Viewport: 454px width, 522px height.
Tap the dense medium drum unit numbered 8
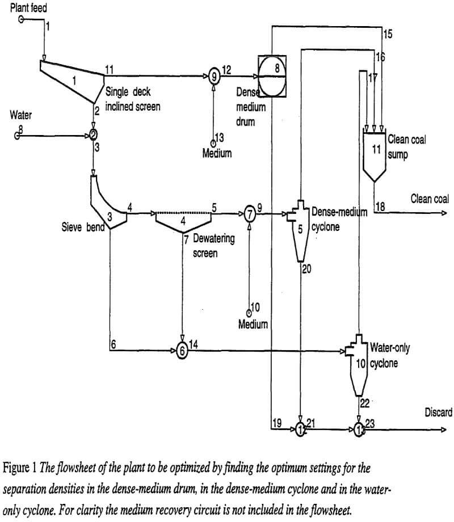[x=272, y=73]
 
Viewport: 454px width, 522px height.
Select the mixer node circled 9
[x=213, y=74]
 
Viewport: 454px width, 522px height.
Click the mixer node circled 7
[x=249, y=214]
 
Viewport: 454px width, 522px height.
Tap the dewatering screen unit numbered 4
[x=183, y=221]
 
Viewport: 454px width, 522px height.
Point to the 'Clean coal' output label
[x=430, y=199]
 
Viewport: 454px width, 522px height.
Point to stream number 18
[x=380, y=208]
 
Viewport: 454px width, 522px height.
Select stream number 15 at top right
[x=388, y=33]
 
